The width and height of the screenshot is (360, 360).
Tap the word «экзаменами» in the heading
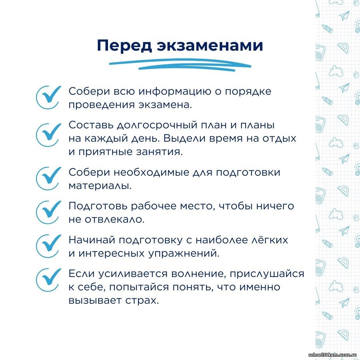(x=210, y=45)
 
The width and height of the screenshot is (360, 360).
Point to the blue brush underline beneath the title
(x=180, y=65)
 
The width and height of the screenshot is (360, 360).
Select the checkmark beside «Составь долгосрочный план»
(x=48, y=135)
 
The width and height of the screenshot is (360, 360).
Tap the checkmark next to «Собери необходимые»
(x=48, y=178)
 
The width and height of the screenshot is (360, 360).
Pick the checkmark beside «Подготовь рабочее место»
(x=48, y=212)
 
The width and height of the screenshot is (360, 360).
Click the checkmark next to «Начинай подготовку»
(x=48, y=246)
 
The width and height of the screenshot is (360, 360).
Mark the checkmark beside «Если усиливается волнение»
(x=48, y=280)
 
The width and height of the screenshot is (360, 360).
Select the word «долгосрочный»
(x=157, y=125)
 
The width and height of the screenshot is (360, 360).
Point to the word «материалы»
(x=100, y=186)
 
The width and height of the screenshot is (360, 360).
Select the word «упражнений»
(x=184, y=253)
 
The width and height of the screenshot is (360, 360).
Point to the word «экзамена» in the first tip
(x=165, y=105)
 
